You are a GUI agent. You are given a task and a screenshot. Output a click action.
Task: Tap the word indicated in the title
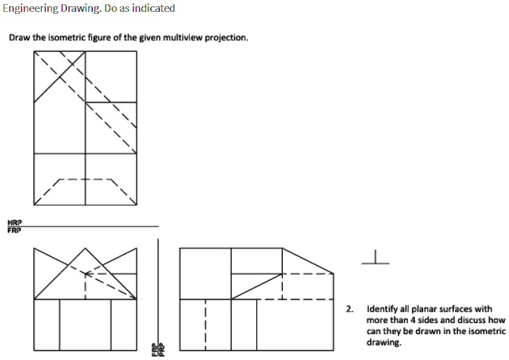(152, 8)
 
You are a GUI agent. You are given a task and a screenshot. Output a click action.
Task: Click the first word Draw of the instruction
(18, 37)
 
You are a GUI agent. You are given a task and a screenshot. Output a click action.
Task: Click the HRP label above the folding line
(13, 222)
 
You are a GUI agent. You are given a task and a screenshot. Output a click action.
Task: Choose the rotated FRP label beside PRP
(156, 348)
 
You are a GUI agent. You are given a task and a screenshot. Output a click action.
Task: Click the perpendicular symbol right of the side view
(375, 259)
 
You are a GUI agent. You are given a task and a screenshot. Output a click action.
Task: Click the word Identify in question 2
(381, 308)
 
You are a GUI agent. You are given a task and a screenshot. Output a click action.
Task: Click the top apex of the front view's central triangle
(85, 248)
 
